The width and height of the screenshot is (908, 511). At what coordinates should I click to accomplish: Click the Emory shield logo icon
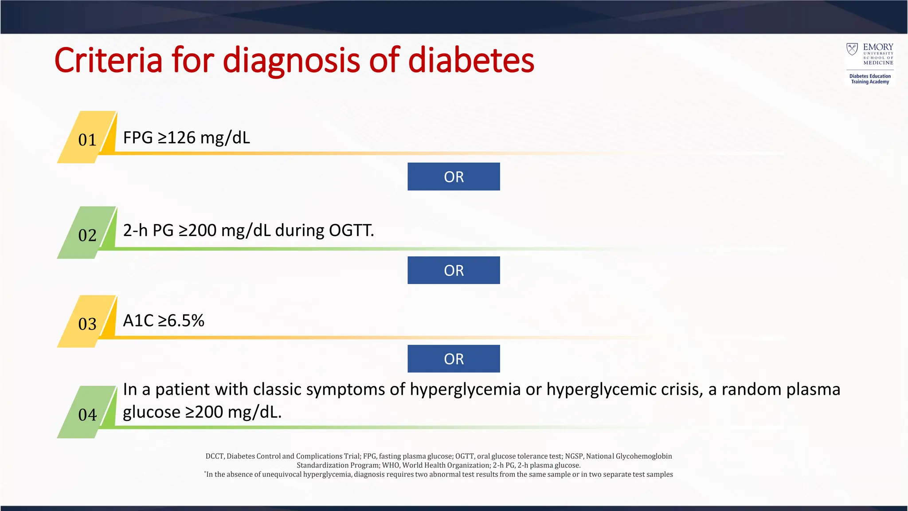click(852, 49)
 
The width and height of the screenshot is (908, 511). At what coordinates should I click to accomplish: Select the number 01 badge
click(87, 139)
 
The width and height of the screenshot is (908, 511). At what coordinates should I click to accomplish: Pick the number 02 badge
click(87, 235)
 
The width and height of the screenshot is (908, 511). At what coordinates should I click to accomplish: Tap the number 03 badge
click(87, 323)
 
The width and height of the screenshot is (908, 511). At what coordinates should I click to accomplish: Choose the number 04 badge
click(87, 414)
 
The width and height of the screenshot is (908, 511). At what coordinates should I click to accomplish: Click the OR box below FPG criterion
click(454, 177)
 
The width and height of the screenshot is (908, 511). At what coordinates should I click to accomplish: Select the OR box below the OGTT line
click(454, 270)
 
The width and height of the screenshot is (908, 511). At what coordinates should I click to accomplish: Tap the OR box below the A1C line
click(454, 358)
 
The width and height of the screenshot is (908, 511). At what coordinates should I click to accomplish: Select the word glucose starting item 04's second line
click(152, 412)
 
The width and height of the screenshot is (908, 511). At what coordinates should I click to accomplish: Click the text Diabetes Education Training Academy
click(870, 79)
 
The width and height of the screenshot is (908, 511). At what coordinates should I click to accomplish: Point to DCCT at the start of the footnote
click(215, 456)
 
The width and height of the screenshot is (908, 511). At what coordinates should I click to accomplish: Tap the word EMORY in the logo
click(878, 47)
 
